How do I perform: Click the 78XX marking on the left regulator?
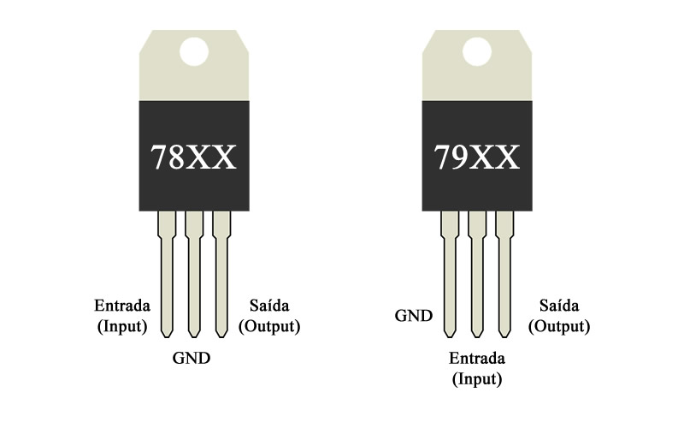pyautogui.click(x=193, y=158)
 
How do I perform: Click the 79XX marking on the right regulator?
pyautogui.click(x=476, y=158)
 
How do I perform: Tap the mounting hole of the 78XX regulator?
pyautogui.click(x=194, y=51)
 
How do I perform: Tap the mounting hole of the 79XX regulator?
pyautogui.click(x=477, y=51)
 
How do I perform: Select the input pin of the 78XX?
pyautogui.click(x=167, y=274)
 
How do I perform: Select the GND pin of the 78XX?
pyautogui.click(x=194, y=274)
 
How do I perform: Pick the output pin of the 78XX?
pyautogui.click(x=221, y=274)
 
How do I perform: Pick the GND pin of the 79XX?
pyautogui.click(x=450, y=274)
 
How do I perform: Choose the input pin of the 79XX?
pyautogui.click(x=477, y=274)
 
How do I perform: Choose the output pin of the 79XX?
pyautogui.click(x=504, y=274)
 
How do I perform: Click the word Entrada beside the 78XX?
pyautogui.click(x=122, y=306)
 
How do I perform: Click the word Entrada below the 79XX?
pyautogui.click(x=477, y=358)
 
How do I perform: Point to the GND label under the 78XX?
pyautogui.click(x=192, y=358)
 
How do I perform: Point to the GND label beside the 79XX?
pyautogui.click(x=414, y=316)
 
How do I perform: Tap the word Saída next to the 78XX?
pyautogui.click(x=269, y=306)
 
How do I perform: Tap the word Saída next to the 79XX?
pyautogui.click(x=559, y=306)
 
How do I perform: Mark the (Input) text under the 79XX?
pyautogui.click(x=477, y=378)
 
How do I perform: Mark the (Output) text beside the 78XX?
pyautogui.click(x=269, y=326)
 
